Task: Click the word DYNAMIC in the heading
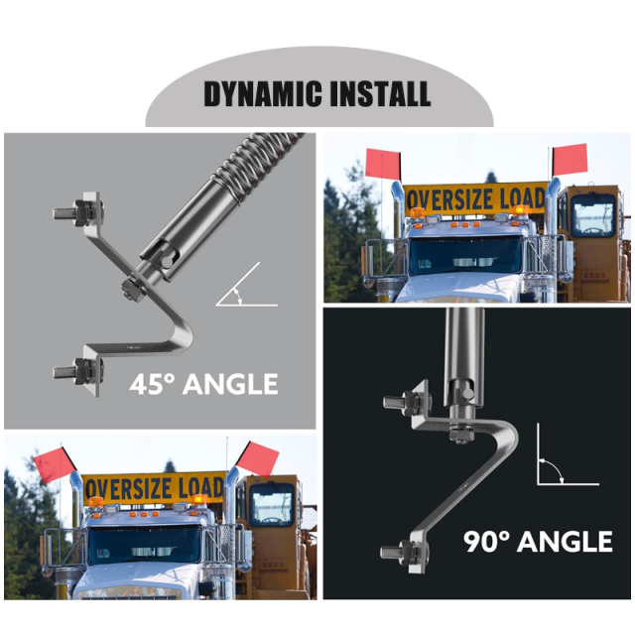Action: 258,94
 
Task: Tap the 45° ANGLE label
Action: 203,383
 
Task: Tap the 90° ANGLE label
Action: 538,542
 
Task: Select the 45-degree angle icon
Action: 244,288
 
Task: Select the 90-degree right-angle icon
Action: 561,458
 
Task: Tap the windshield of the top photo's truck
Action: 465,255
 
